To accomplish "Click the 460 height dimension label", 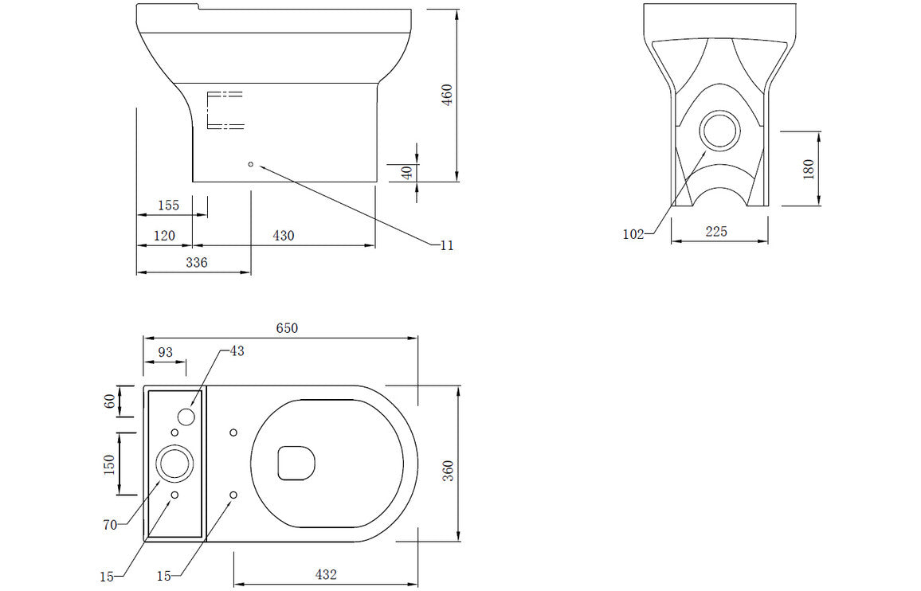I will tap(447, 96).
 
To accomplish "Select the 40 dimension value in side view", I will tap(407, 172).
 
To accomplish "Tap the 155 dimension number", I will tap(168, 205).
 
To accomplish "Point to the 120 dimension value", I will tap(164, 236).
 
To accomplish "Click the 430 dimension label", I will tap(284, 236).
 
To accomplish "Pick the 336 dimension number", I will tap(196, 262).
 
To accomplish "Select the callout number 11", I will tap(446, 245).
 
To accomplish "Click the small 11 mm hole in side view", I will tap(251, 164).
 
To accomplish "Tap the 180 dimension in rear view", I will tap(808, 168).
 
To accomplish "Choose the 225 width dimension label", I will tap(716, 232).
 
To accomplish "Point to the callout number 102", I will tap(633, 234).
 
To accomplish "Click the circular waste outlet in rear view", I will tap(720, 131).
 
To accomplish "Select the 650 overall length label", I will tap(287, 328).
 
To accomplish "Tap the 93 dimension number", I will tap(166, 351).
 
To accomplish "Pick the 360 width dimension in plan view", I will tap(448, 471).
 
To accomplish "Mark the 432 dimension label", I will tap(326, 574).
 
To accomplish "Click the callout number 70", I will tap(110, 524).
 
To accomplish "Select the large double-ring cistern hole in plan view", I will tap(174, 463).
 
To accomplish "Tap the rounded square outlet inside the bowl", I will tap(296, 463).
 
